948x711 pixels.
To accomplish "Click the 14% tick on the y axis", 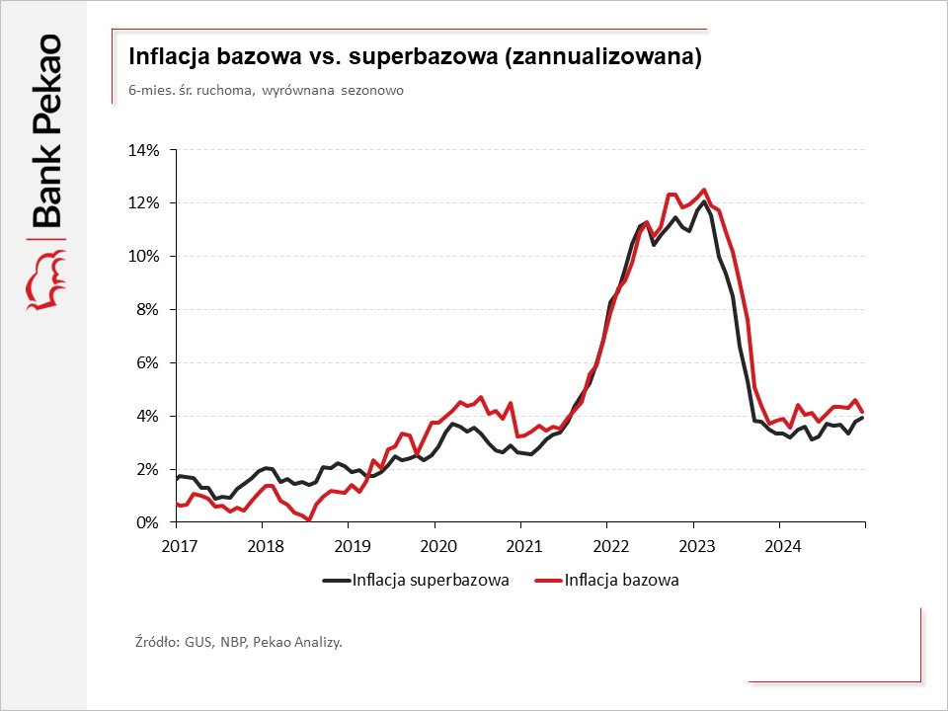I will pos(149,150).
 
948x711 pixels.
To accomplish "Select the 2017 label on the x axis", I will pos(175,544).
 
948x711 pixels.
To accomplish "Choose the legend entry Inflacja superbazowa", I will pos(431,580).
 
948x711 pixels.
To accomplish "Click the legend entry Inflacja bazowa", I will pos(622,580).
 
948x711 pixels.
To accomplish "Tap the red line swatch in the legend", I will pos(547,581).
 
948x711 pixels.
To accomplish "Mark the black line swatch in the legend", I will pos(336,581).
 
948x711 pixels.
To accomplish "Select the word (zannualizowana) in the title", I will pos(602,58).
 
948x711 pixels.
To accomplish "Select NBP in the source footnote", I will pos(230,642).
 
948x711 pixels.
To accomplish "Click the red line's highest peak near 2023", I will pos(704,190).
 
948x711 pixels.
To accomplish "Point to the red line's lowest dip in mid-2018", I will pos(309,519).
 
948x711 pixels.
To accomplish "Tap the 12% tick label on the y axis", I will pos(149,203).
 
